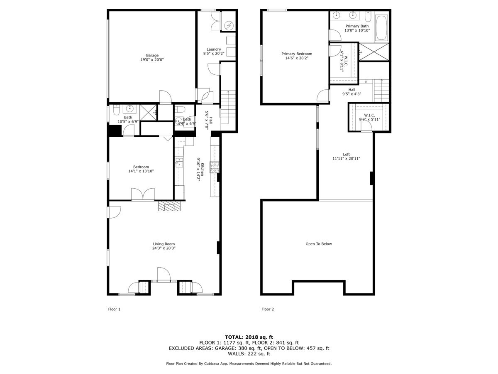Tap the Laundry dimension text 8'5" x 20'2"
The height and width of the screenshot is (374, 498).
(214, 53)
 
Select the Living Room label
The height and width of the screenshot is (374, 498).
(164, 244)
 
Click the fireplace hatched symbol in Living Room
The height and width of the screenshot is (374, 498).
(170, 207)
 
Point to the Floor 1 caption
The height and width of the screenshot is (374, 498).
(114, 309)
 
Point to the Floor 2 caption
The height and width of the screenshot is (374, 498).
(268, 309)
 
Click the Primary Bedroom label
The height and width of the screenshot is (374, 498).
(296, 54)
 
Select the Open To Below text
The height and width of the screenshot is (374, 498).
(319, 244)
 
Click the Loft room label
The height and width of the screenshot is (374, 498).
(346, 154)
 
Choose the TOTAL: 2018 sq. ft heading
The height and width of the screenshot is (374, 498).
(249, 337)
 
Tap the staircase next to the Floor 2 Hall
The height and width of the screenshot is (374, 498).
(381, 91)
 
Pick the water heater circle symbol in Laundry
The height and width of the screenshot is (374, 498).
(229, 26)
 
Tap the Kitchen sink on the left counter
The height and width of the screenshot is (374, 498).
(179, 162)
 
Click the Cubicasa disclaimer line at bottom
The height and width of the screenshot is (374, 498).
(249, 364)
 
